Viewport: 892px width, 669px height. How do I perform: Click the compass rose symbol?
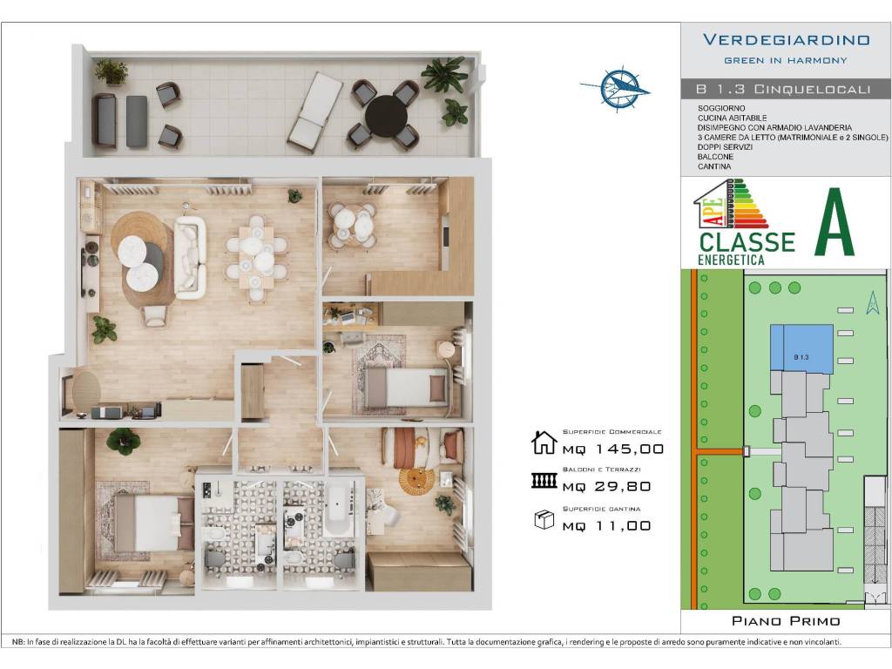tap(617, 88)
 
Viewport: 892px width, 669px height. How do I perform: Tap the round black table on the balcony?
tap(386, 113)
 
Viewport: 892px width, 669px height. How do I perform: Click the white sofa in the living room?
tap(189, 257)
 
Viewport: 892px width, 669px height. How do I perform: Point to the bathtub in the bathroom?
tap(339, 508)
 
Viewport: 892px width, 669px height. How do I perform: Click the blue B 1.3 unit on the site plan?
tap(801, 349)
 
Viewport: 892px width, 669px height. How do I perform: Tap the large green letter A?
tap(835, 222)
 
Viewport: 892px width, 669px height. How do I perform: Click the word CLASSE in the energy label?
tap(747, 242)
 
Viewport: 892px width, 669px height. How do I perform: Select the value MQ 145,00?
tap(613, 449)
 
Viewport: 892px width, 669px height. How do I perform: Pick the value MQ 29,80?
tap(606, 486)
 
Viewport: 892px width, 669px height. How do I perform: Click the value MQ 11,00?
tap(606, 525)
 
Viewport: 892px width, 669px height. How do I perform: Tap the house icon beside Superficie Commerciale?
tap(544, 443)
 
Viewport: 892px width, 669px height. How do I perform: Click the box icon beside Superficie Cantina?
tap(544, 519)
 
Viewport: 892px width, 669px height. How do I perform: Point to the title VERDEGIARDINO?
tap(787, 40)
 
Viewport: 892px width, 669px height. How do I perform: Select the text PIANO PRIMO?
tap(786, 620)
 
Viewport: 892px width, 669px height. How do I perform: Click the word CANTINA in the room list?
tap(714, 166)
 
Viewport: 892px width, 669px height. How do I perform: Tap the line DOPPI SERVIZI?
tap(725, 146)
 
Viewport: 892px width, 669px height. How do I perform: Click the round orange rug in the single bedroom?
tap(416, 481)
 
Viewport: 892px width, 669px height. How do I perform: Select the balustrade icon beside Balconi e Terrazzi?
tap(544, 481)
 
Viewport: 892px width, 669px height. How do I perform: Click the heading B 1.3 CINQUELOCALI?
tap(783, 89)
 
